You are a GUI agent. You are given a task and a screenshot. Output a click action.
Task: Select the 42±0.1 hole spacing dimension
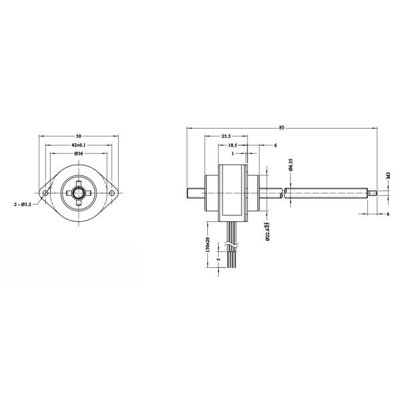[78, 145]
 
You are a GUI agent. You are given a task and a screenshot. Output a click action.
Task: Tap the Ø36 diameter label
[78, 154]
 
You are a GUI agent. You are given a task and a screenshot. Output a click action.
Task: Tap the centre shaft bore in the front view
[78, 193]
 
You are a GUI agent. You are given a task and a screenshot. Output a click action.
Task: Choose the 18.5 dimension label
[233, 145]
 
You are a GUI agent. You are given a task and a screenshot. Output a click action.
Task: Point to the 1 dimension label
[232, 154]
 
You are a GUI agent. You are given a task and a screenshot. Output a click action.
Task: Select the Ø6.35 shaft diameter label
[291, 166]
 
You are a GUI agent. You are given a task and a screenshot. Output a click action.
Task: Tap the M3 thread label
[388, 177]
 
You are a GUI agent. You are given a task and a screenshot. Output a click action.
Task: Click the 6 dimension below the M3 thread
[388, 214]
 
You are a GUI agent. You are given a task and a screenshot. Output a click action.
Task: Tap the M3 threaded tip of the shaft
[374, 194]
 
